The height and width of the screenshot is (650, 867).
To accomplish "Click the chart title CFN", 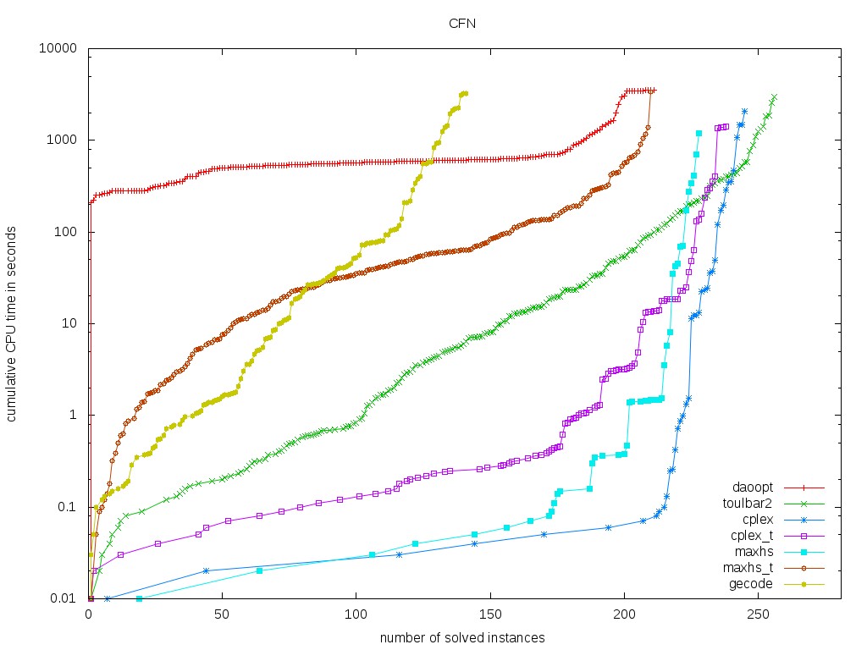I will coord(461,24).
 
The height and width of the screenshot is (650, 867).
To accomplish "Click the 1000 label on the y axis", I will coord(64,140).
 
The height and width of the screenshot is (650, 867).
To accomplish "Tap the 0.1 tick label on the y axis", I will coord(69,507).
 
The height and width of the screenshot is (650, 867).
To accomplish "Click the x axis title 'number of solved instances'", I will coord(461,636).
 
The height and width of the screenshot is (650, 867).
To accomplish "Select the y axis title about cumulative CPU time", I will coord(14,323).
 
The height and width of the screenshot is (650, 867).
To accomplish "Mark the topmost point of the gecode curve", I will coord(465,93).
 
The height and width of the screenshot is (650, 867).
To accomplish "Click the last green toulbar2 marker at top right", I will coord(774,96).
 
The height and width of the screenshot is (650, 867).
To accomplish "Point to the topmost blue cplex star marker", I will coord(744,111).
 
